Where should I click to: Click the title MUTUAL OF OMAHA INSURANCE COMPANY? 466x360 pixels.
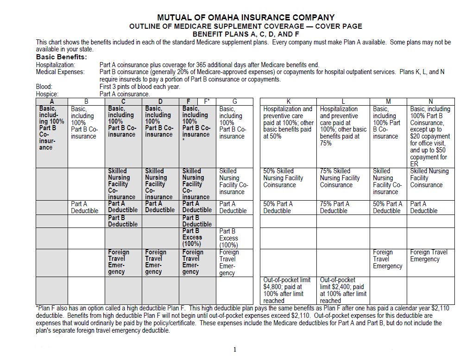tap(246, 18)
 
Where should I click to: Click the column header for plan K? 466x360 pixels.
tap(289, 101)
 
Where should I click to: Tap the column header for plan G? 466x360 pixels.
tap(234, 101)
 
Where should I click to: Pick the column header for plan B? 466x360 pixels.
tap(86, 101)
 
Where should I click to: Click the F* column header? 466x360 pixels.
tap(207, 101)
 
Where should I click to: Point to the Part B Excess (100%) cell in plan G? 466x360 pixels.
tap(234, 238)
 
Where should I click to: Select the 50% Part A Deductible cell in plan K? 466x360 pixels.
tap(289, 207)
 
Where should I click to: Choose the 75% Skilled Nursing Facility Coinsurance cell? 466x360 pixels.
tap(343, 178)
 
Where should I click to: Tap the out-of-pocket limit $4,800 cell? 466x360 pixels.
tap(289, 290)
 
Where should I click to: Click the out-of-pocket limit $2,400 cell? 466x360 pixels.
tap(343, 290)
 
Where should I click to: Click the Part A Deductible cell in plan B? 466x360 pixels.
tap(86, 207)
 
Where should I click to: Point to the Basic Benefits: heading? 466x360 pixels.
tap(62, 57)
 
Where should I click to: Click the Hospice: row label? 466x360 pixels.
tap(48, 94)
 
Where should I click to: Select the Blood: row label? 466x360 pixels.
tap(44, 87)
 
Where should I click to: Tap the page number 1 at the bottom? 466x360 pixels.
tap(235, 349)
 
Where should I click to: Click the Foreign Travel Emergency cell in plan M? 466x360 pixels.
tap(388, 259)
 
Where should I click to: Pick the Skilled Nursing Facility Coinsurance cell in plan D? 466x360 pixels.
tap(160, 184)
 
